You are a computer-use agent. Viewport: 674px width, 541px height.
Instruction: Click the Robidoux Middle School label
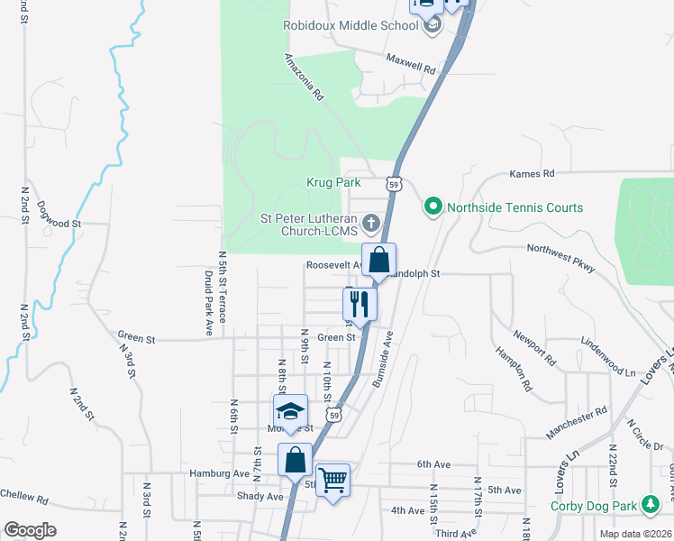point(351,25)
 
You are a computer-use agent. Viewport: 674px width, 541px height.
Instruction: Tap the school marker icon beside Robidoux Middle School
point(433,25)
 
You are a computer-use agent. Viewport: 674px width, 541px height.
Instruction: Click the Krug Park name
point(334,182)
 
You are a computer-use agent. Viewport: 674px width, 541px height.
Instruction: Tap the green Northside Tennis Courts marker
point(433,207)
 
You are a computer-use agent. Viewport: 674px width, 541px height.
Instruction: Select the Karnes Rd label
point(532,173)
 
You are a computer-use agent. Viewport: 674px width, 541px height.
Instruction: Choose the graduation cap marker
point(290,412)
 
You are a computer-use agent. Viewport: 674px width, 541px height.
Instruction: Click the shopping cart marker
point(332,479)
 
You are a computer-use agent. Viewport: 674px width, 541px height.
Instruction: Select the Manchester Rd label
point(577,423)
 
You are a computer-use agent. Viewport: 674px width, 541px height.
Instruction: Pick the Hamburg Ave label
point(219,472)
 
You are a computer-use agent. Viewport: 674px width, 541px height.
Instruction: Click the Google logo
point(30,530)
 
